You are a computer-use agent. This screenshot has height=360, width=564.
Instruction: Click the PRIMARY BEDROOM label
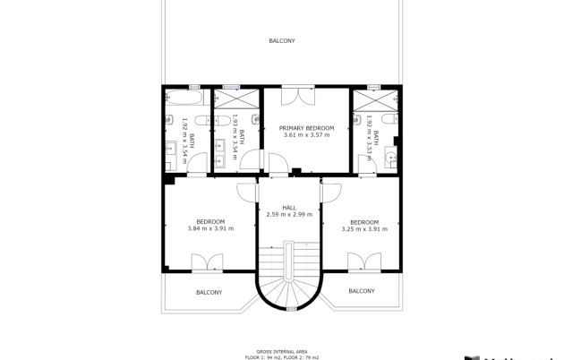(x=306, y=128)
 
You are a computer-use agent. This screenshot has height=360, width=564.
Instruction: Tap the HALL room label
(x=289, y=208)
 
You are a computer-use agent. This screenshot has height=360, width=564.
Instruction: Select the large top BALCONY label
(x=282, y=41)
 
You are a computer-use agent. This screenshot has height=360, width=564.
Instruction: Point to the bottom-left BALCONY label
(x=209, y=292)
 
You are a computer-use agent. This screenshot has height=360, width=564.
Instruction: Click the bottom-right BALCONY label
(x=361, y=291)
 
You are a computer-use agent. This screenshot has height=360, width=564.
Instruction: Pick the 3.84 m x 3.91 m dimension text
(x=210, y=228)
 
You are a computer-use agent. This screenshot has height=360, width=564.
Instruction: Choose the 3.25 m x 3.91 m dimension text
(x=364, y=228)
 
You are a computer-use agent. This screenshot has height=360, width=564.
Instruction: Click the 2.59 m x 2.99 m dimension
(x=289, y=215)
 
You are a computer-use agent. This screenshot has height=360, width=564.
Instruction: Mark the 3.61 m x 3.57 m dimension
(x=306, y=135)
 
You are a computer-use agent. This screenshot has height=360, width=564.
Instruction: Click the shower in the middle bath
(x=237, y=98)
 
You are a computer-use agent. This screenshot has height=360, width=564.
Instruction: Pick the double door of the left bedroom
(x=208, y=262)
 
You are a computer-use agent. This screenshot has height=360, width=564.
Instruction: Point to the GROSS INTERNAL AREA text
(x=282, y=351)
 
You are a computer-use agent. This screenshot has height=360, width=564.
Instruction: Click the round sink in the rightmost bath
(x=389, y=159)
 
